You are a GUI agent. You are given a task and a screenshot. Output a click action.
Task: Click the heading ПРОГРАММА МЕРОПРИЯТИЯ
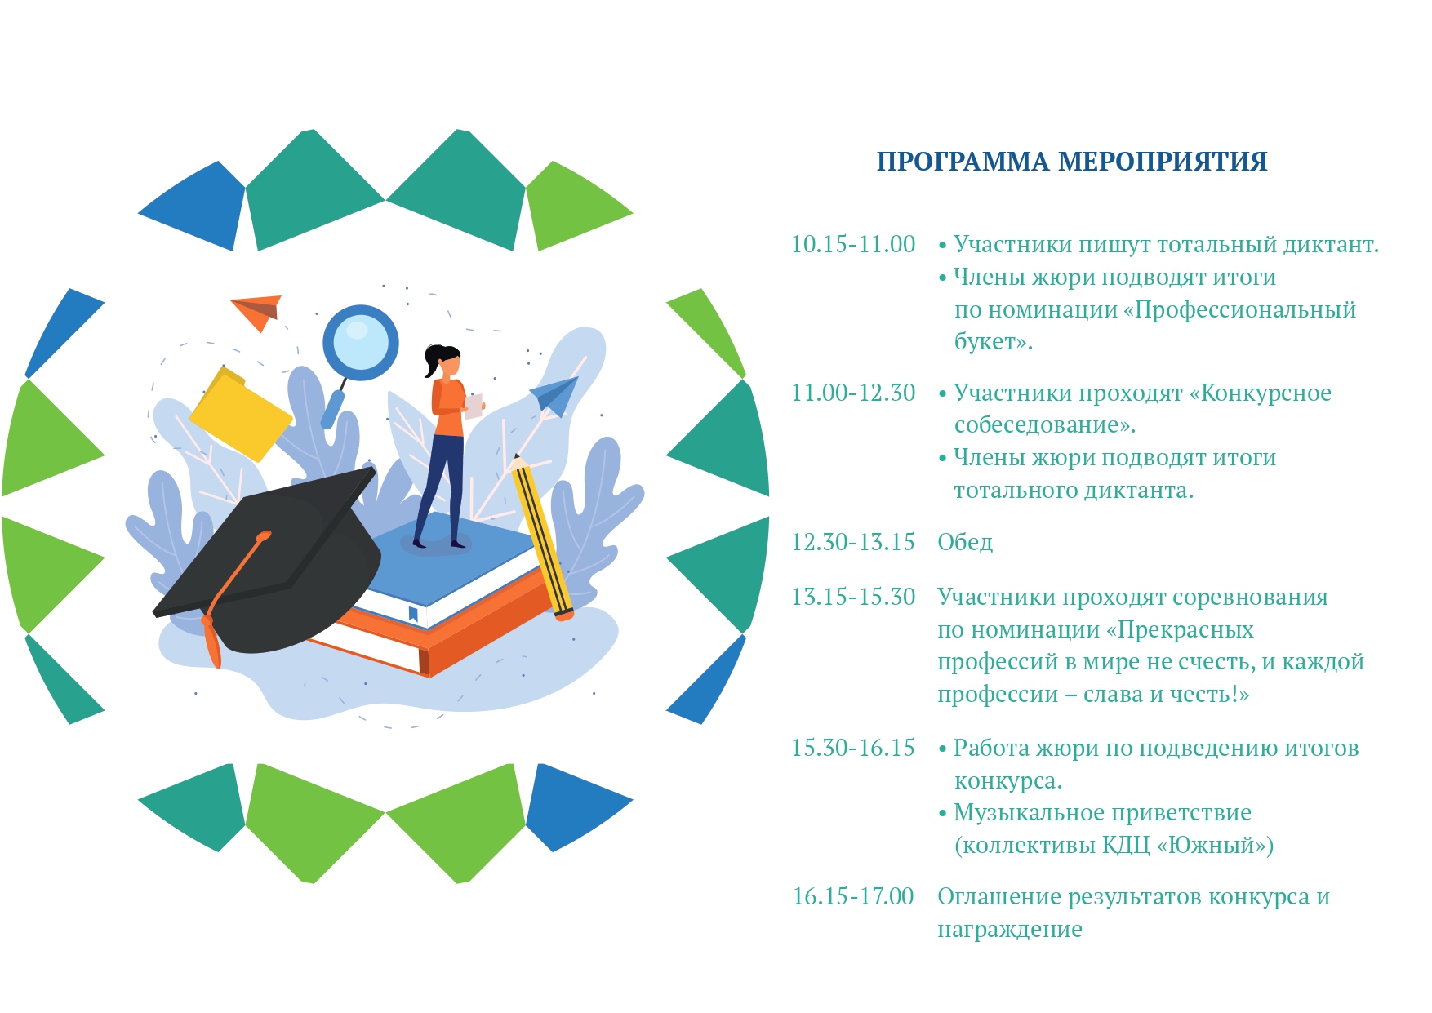[x=1072, y=162]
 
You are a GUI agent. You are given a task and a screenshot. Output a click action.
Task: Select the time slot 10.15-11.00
[x=853, y=244]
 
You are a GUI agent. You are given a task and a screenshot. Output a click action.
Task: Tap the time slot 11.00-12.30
[x=853, y=393]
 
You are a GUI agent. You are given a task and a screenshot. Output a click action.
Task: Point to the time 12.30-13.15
[x=853, y=542]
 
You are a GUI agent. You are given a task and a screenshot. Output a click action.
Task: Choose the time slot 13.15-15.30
[x=853, y=597]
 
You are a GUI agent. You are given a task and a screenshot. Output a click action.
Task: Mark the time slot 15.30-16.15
[x=853, y=748]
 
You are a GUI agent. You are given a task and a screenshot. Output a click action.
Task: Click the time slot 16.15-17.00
[x=853, y=896]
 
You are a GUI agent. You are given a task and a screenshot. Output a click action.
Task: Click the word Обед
[x=965, y=542]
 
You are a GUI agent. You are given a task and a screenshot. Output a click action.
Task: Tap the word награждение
[x=1010, y=930]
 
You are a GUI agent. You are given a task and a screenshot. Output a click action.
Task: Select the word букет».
[x=994, y=341]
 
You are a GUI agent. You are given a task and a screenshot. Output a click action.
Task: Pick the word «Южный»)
[x=1215, y=845]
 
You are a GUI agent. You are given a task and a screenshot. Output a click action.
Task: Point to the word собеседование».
[x=1045, y=425]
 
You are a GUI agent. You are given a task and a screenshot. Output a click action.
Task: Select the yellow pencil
[x=540, y=537]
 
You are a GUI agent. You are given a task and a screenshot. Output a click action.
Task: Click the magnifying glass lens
[x=360, y=343]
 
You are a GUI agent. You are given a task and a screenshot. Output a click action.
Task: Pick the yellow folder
[x=240, y=415]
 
